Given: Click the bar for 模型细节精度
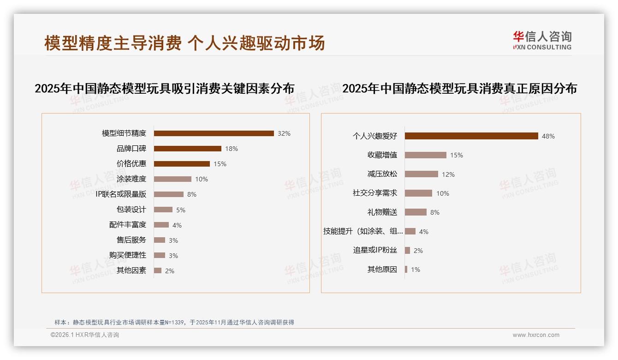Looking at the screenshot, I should pyautogui.click(x=214, y=133).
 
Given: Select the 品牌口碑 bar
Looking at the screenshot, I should pyautogui.click(x=187, y=149).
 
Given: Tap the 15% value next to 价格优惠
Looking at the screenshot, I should pyautogui.click(x=220, y=164).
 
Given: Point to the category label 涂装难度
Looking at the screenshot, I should pyautogui.click(x=131, y=179).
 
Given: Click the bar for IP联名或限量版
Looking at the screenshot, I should pyautogui.click(x=168, y=194).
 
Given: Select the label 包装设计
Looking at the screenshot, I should pyautogui.click(x=131, y=210).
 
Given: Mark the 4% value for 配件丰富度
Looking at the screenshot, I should pyautogui.click(x=177, y=225).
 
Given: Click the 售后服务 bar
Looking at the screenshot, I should pyautogui.click(x=160, y=240).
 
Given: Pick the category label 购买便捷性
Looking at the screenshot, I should pyautogui.click(x=127, y=255).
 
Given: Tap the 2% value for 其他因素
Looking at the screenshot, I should pyautogui.click(x=169, y=271).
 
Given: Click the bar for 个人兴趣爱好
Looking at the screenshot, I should pyautogui.click(x=471, y=136).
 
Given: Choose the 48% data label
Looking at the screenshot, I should pyautogui.click(x=548, y=137).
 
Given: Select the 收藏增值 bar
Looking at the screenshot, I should pyautogui.click(x=426, y=155).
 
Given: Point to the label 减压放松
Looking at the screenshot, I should pyautogui.click(x=382, y=174).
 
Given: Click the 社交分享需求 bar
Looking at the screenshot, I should pyautogui.click(x=418, y=193).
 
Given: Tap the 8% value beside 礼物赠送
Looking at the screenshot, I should pyautogui.click(x=434, y=213).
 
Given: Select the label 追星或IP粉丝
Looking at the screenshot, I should pyautogui.click(x=374, y=251).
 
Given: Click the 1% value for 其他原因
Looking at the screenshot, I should pyautogui.click(x=415, y=270).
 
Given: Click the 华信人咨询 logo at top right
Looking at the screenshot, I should pyautogui.click(x=542, y=41).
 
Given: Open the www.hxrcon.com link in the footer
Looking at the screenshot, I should pyautogui.click(x=536, y=335).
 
